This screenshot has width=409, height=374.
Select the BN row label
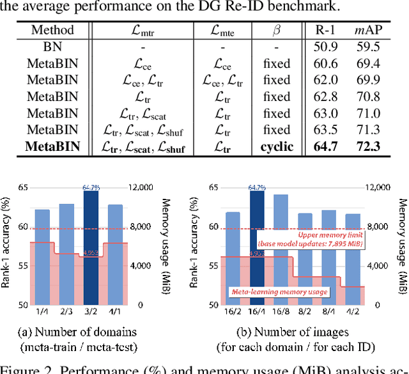click(53, 47)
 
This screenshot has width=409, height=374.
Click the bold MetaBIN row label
click(53, 146)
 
